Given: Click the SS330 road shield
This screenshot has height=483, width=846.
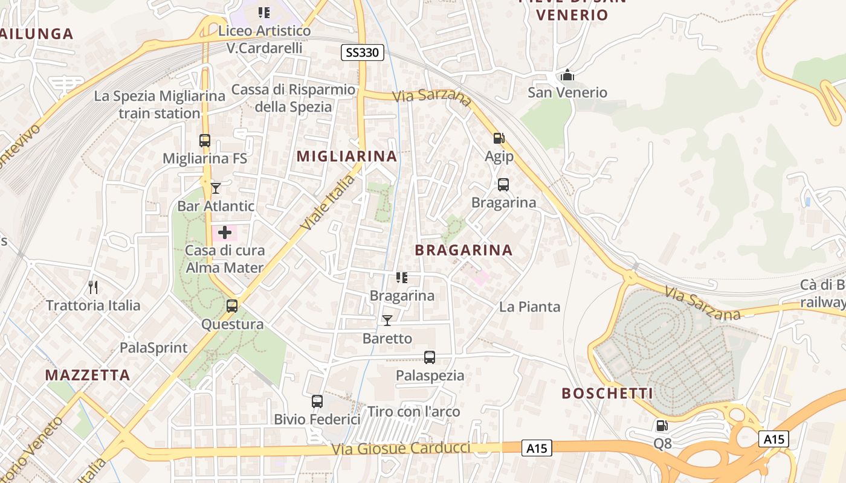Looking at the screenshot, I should [363, 53].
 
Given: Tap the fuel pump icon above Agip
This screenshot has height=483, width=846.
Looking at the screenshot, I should [499, 138].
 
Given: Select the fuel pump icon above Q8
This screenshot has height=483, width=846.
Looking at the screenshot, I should [662, 426].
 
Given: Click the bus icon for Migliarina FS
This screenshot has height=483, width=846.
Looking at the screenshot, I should [205, 141].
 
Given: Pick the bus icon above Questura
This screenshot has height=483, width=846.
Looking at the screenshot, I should [232, 305].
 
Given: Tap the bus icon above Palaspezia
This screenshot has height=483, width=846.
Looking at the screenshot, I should [430, 357].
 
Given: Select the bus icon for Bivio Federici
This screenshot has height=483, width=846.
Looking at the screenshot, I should [317, 401].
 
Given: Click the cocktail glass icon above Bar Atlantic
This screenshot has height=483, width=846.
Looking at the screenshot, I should [216, 188].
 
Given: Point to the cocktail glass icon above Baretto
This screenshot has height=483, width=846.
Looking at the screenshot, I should [387, 320].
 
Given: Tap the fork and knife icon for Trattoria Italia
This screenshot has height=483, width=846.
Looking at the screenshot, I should [93, 287].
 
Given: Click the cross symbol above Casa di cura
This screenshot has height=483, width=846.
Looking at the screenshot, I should [225, 232].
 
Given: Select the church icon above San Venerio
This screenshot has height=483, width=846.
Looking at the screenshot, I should [567, 75].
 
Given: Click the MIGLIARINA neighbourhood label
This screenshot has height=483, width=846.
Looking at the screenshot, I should [347, 156].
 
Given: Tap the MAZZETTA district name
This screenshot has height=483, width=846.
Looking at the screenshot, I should [88, 375].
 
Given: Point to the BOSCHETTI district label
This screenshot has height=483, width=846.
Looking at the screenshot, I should [607, 394].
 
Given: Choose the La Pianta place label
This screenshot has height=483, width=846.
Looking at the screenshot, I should [529, 307].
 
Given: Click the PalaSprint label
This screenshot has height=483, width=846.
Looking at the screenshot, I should [153, 348].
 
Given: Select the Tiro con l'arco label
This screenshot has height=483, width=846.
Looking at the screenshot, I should [413, 412].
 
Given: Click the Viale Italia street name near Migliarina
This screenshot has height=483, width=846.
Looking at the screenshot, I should [327, 202].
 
